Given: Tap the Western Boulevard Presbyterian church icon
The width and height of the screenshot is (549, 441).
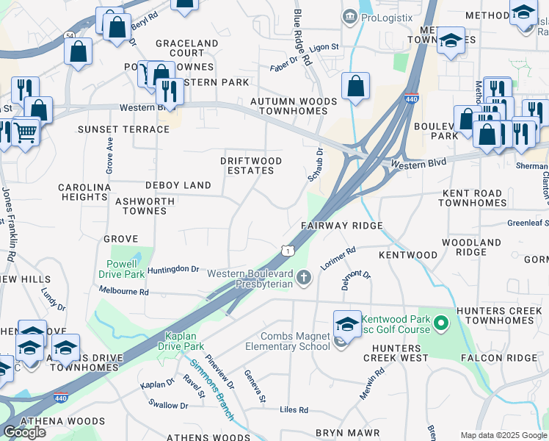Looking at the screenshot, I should tap(305, 277).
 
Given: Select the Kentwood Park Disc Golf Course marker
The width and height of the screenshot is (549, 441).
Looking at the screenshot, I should tap(440, 323).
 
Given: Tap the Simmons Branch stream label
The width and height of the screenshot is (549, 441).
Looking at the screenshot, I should tap(211, 390).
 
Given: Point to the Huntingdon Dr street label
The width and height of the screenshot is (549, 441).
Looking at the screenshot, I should tap(174, 270).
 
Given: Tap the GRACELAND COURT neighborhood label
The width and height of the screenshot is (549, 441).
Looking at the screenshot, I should tap(186, 49).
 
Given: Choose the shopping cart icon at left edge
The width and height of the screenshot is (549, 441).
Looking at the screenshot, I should tap(25, 132).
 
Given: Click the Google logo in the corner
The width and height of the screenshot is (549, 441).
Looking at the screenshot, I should tap(24, 432).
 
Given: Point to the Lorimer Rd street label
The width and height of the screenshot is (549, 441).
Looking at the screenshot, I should tap(338, 260).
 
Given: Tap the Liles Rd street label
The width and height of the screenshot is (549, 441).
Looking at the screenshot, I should tap(294, 409).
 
